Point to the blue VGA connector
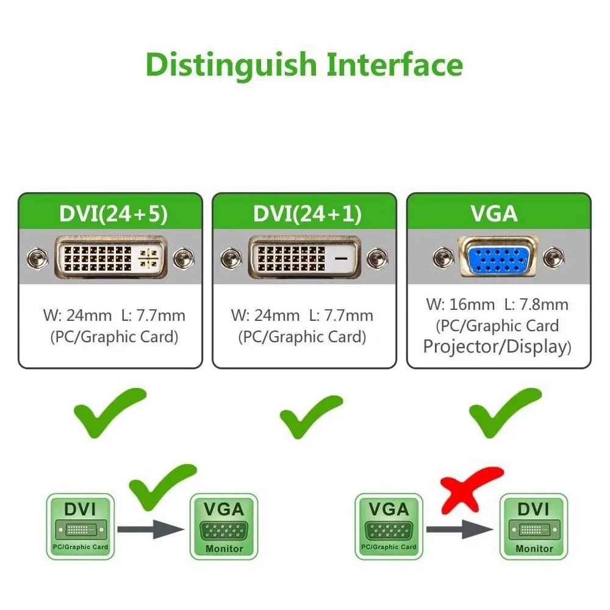coord(498,259)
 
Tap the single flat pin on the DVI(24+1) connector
coord(343,259)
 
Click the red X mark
coord(472,490)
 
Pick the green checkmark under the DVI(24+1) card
coord(310,417)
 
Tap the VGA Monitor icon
coord(224,526)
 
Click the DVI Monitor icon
coord(533,526)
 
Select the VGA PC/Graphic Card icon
coord(389,526)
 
